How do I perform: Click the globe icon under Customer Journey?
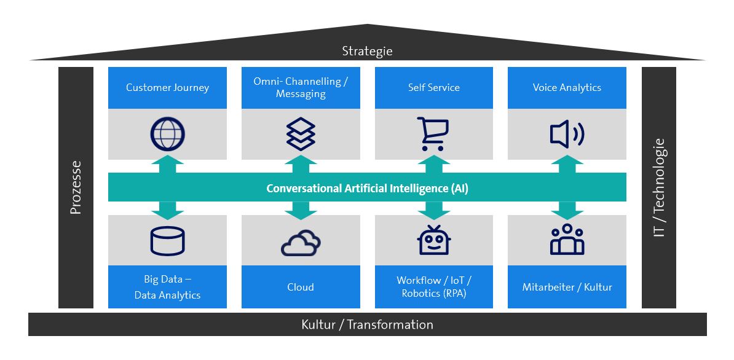[x=167, y=134]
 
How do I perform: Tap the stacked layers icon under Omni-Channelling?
[x=301, y=134]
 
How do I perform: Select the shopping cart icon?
[x=434, y=134]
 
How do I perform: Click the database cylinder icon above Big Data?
[x=167, y=241]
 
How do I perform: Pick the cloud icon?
[x=301, y=243]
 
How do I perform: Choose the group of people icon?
[x=567, y=240]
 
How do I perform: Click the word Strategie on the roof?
[x=367, y=51]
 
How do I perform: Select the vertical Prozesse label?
[x=76, y=187]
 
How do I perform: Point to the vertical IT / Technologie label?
[x=659, y=187]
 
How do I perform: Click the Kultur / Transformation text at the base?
[x=367, y=324]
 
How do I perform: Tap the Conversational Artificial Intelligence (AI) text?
[x=367, y=188]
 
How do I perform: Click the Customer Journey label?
[x=167, y=87]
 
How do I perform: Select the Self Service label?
[x=434, y=87]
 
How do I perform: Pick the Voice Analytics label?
[x=567, y=87]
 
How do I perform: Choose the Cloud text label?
[x=301, y=287]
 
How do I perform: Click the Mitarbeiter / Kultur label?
[x=567, y=287]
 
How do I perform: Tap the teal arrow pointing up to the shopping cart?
[x=434, y=164]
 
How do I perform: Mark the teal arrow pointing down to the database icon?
[x=167, y=210]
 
